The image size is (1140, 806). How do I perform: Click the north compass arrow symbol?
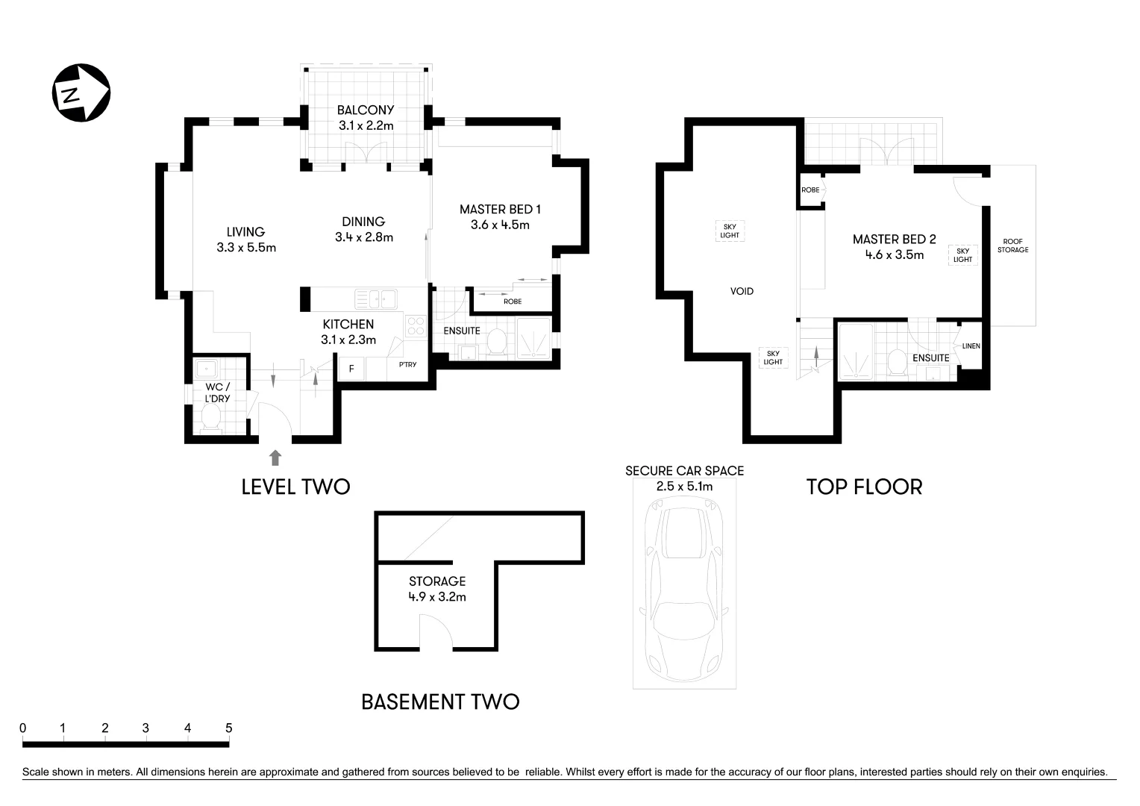coord(81,93)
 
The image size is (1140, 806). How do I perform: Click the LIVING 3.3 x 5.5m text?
coord(246,240)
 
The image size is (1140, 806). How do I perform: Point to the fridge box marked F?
coord(351,369)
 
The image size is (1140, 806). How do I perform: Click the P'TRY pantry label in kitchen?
coord(407,365)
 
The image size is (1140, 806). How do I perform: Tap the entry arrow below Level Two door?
coord(275,457)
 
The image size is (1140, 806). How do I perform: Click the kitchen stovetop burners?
coord(415,326)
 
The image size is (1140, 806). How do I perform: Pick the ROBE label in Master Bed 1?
coord(513,302)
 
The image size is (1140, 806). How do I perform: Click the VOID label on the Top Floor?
coord(742,291)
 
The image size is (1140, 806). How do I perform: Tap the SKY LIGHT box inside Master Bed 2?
coord(962,255)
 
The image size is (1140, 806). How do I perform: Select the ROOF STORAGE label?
coord(1012,246)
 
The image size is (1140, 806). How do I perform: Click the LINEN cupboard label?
coord(971,346)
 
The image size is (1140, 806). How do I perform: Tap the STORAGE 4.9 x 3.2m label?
coord(437,589)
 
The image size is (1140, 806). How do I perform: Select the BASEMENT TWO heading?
coord(440,702)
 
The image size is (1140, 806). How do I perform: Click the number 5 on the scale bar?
coord(229,728)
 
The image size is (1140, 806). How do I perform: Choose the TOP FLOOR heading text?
coord(864,487)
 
